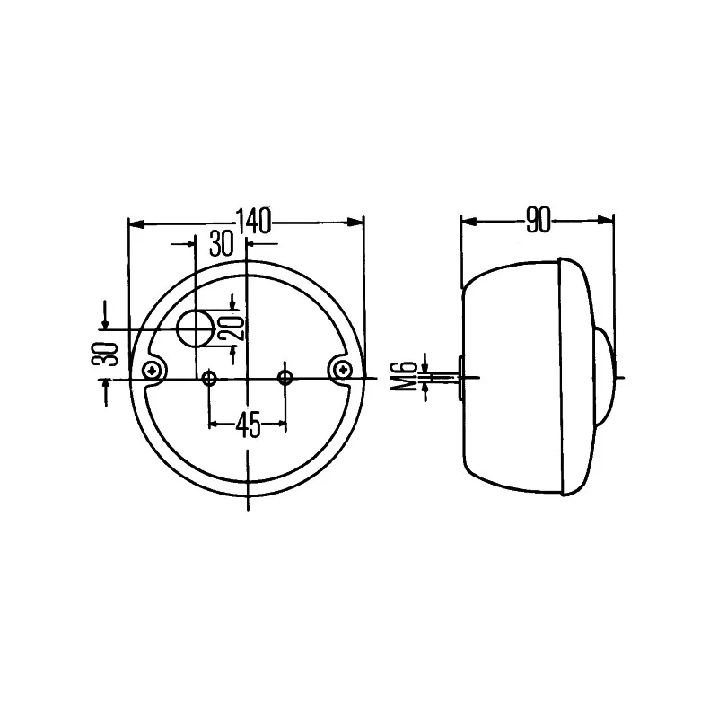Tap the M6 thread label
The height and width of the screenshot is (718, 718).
407,376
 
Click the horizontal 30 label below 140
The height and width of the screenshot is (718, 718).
220,242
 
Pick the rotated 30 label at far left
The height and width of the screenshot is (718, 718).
109,354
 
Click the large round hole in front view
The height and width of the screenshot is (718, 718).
194,329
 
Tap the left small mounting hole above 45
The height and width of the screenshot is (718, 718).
210,378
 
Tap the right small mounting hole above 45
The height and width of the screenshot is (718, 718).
286,377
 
